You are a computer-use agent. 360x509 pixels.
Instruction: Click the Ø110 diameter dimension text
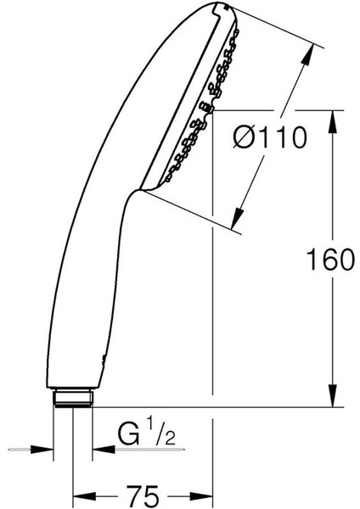[x=267, y=137]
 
